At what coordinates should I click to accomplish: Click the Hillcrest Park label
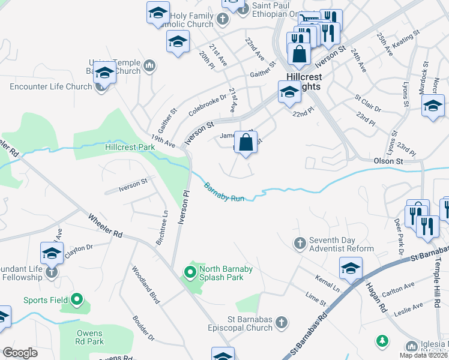pos(130,146)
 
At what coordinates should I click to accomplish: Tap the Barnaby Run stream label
pos(223,192)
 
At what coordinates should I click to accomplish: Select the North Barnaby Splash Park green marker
pos(190,274)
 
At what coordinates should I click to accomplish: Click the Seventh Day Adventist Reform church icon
pos(300,244)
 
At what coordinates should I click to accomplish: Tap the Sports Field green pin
pos(76,299)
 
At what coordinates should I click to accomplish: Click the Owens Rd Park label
pos(89,338)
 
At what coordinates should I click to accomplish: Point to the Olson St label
pos(388,161)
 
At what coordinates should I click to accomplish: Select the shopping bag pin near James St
pos(246,143)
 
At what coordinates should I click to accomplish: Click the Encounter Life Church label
pos(51,86)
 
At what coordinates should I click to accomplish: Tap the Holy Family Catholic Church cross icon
pos(223,19)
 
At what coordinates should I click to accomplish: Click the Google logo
pos(20,353)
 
